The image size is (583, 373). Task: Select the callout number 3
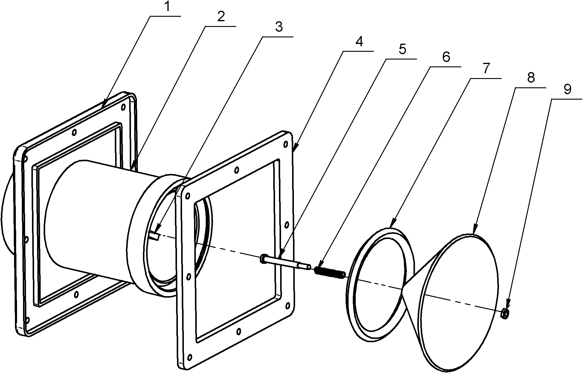278,27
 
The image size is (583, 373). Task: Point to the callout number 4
359,42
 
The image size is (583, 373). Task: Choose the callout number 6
446,57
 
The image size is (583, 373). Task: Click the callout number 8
531,78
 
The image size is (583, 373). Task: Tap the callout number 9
567,89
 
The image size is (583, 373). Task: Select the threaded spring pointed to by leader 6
330,273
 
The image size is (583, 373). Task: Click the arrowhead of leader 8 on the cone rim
474,230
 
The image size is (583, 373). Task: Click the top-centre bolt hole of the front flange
237,170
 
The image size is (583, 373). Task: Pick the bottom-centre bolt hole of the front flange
239,331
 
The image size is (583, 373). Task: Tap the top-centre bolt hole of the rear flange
74,132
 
